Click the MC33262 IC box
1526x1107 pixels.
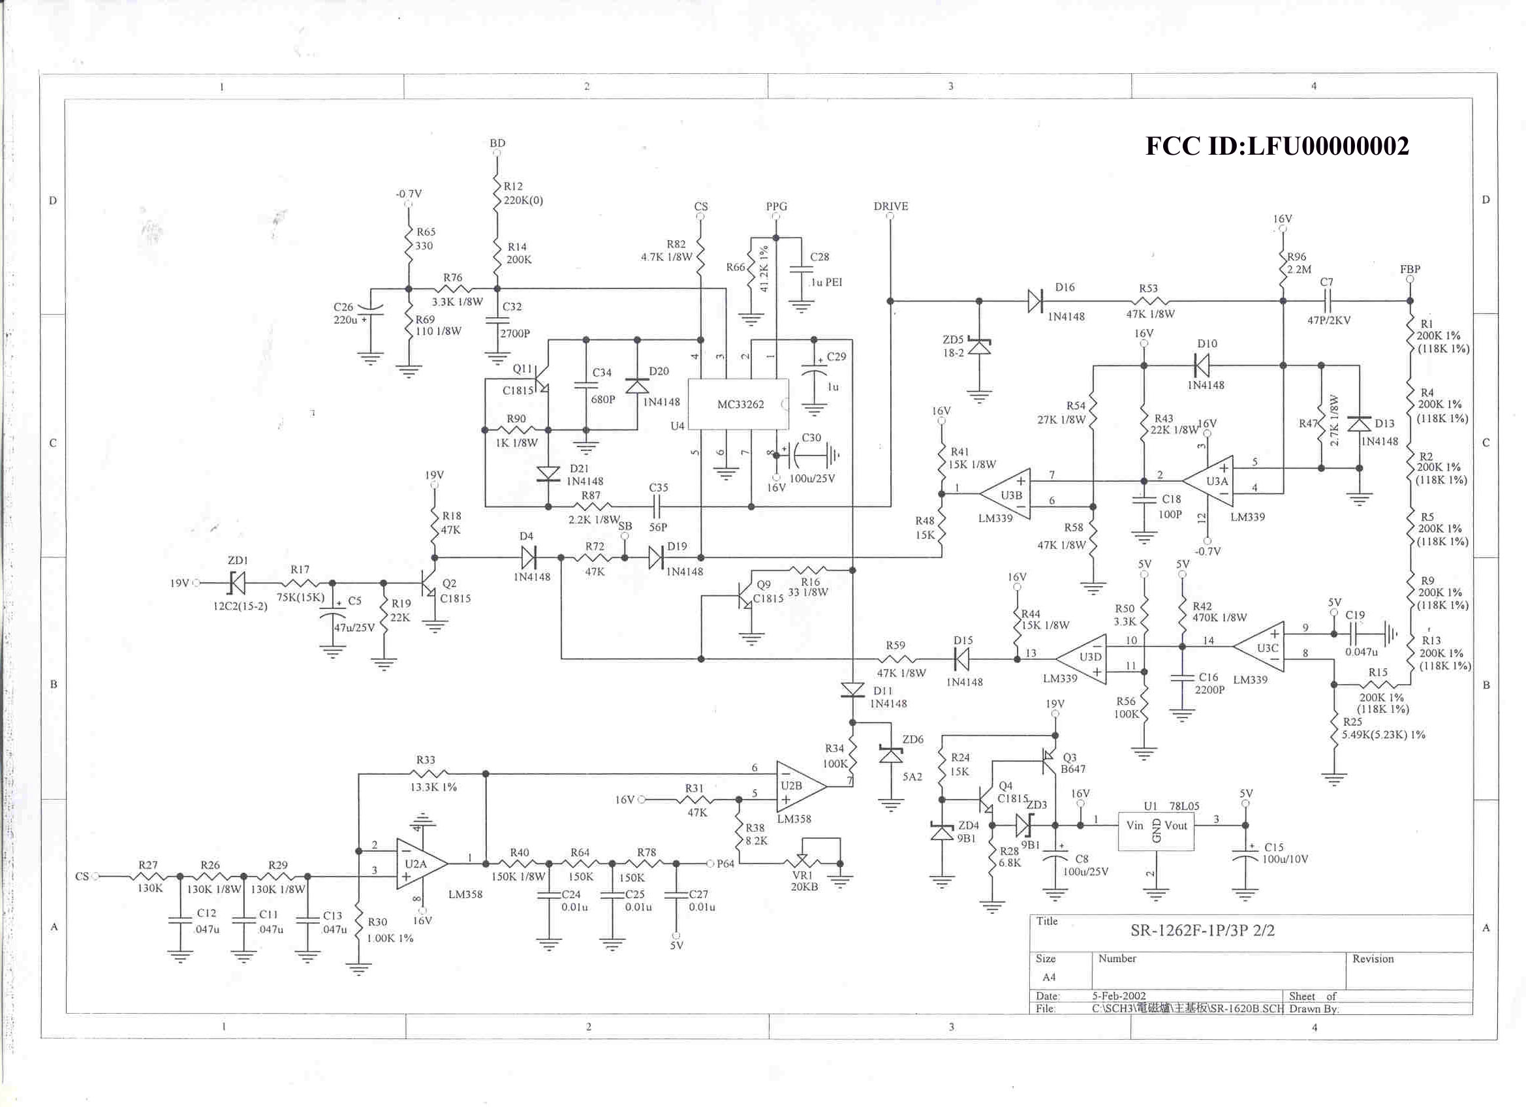(x=738, y=404)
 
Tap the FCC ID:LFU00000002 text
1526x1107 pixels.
(x=1277, y=146)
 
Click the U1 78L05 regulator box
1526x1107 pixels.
(x=1155, y=830)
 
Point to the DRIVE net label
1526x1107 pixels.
(x=890, y=207)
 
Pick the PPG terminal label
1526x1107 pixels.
(x=776, y=207)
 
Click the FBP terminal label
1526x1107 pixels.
(x=1410, y=269)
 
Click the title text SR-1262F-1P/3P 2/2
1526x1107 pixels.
(x=1202, y=931)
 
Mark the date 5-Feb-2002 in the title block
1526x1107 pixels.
(x=1118, y=995)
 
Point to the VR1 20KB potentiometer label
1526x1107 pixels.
(x=804, y=881)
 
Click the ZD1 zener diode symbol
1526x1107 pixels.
(x=236, y=583)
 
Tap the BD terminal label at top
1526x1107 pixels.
(x=497, y=144)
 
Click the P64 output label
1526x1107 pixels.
(x=725, y=864)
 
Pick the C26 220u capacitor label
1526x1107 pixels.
(x=345, y=313)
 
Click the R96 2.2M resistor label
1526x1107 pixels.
(x=1298, y=263)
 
